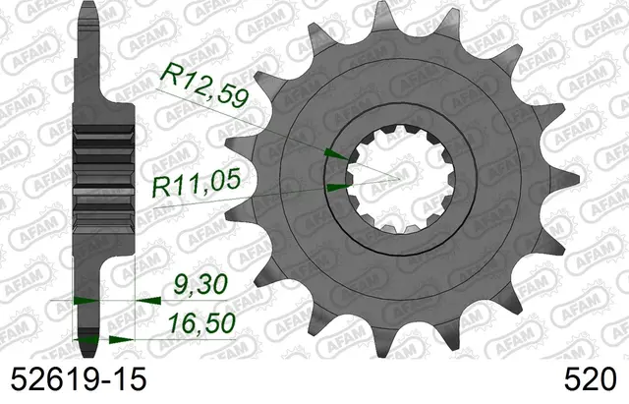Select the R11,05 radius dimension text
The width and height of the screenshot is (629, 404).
(197, 184)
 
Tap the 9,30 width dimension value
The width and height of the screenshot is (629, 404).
(200, 284)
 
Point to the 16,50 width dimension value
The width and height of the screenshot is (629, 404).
(201, 323)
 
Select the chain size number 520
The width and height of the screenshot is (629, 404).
(590, 378)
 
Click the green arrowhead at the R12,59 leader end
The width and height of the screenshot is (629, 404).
(336, 154)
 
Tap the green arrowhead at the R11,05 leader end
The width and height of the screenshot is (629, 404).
(339, 187)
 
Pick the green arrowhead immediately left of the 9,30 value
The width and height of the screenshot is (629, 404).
(148, 301)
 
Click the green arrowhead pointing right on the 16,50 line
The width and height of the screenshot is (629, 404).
(121, 340)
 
